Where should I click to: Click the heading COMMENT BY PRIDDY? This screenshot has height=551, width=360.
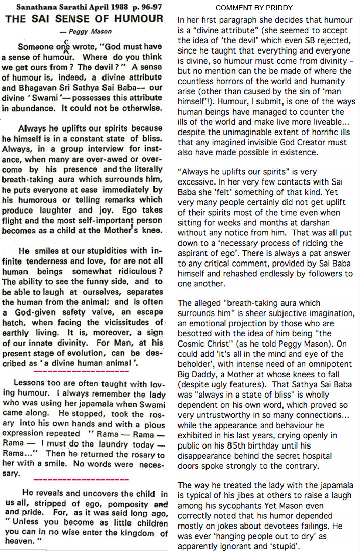(x=253, y=8)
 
